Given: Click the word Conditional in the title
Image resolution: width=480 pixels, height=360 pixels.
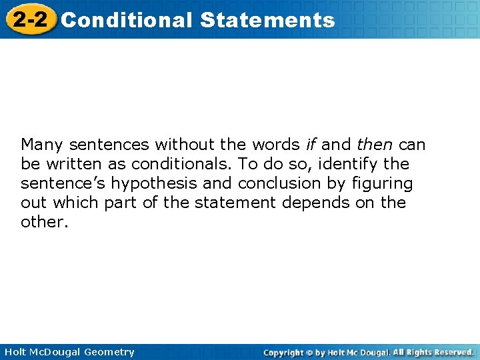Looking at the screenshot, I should pos(126,20).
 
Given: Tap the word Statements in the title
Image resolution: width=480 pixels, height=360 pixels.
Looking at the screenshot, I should pos(267,20).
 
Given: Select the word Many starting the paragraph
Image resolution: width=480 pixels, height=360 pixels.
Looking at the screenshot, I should pos(43,145).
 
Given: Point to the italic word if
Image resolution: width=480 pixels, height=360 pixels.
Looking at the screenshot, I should pos(311,145).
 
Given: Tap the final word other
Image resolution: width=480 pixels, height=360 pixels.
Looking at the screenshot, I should pos(44,222).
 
